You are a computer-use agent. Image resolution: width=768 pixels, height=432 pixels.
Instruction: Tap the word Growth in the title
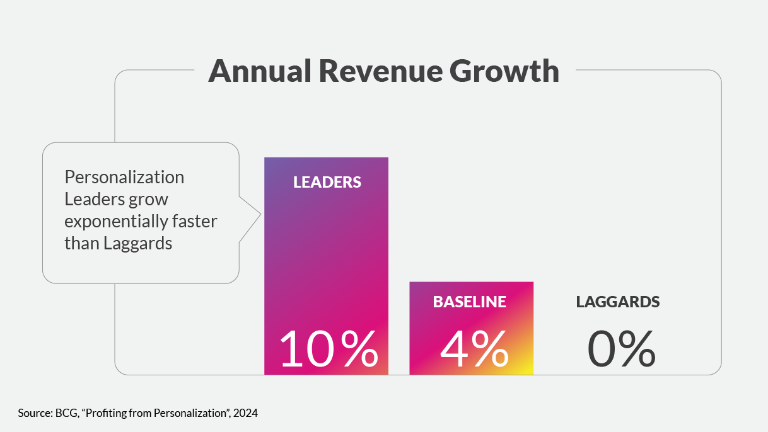click(x=504, y=71)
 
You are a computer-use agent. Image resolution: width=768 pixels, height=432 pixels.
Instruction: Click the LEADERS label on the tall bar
click(x=327, y=183)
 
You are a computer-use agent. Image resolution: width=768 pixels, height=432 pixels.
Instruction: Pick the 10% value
click(x=328, y=349)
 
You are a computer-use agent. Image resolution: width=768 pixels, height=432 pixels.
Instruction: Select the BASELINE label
click(x=469, y=302)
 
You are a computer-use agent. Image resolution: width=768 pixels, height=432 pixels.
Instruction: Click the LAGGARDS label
click(x=618, y=302)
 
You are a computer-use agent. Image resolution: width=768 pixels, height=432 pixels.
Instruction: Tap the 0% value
click(x=621, y=349)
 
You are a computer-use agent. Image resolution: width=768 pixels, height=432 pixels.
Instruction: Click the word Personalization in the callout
click(x=124, y=178)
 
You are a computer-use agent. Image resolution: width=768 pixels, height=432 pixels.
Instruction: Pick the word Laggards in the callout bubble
click(x=140, y=244)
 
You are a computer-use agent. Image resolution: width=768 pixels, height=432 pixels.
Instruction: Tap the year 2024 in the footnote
click(x=246, y=414)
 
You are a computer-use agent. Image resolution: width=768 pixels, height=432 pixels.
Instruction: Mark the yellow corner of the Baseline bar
click(x=528, y=370)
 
